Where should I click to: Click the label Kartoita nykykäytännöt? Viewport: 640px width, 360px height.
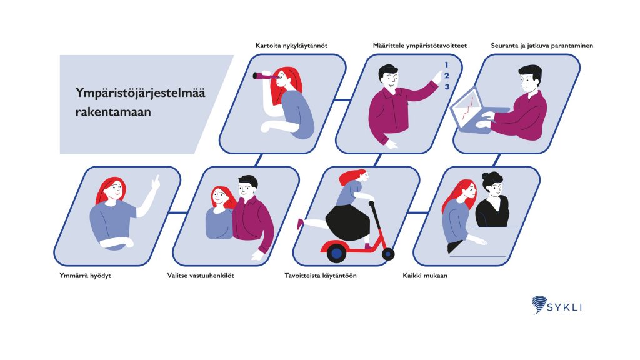[291, 46]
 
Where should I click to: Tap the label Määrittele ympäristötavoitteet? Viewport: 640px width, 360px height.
[419, 46]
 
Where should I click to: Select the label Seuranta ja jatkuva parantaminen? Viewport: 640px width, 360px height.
[542, 46]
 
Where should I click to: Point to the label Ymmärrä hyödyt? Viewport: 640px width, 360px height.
[85, 276]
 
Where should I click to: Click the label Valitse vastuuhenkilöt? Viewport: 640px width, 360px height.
[201, 276]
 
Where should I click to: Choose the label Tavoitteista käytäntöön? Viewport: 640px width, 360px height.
[321, 276]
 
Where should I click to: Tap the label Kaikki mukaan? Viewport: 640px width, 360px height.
[425, 276]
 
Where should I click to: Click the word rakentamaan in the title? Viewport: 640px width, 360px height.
[113, 112]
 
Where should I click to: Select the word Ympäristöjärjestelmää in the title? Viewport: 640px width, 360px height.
[141, 93]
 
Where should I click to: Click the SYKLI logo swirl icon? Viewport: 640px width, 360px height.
[539, 304]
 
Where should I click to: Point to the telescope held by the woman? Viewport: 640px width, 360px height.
[266, 76]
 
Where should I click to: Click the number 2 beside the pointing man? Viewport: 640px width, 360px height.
[446, 76]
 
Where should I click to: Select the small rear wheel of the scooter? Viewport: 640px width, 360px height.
[388, 254]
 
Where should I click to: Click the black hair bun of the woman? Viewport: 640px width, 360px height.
[492, 179]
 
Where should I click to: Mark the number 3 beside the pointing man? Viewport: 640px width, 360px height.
[447, 86]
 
